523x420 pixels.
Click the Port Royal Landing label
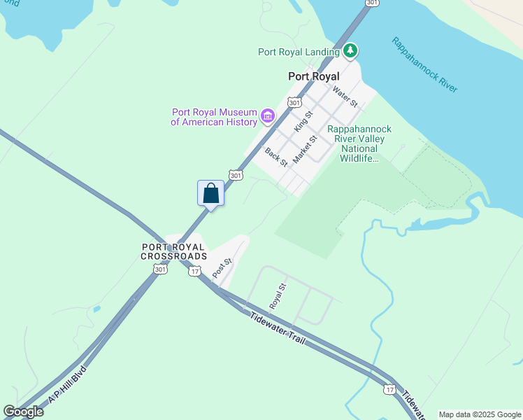[x=299, y=51]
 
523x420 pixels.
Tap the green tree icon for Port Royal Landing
[x=350, y=50]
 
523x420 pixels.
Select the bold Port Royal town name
[x=313, y=76]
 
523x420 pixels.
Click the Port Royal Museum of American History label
[x=214, y=117]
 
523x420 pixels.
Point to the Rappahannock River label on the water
[x=424, y=64]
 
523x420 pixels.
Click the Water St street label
[x=345, y=96]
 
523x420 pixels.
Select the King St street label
[x=303, y=120]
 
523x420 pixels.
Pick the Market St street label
[x=305, y=149]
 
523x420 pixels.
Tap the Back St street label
[x=276, y=156]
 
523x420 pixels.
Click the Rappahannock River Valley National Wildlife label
[x=359, y=143]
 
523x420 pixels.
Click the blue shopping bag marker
[x=211, y=193]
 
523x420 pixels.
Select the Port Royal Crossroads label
[x=173, y=251]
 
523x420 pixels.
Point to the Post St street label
[x=222, y=268]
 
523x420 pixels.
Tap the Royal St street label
[x=278, y=296]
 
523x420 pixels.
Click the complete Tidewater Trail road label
[x=278, y=327]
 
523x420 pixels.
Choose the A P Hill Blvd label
[x=66, y=385]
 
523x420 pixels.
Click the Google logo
[x=23, y=412]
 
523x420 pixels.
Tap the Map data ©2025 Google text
[x=480, y=414]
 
